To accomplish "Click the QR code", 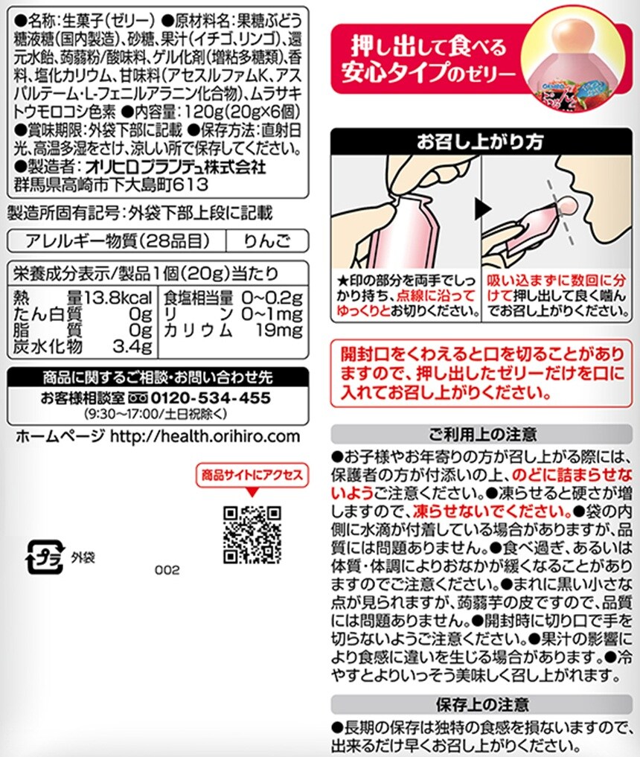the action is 252,534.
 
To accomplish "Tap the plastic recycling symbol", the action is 45,557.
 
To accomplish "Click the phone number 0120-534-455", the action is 211,397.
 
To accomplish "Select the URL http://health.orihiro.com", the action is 205,436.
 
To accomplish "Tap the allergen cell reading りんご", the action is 267,240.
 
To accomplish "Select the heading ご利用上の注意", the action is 482,434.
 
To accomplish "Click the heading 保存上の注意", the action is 482,704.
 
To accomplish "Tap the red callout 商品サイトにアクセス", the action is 252,475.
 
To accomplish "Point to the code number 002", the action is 167,570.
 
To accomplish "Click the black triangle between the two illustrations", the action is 483,209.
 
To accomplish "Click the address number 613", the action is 191,185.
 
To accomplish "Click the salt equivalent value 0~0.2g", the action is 272,298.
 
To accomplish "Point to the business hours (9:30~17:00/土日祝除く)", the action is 156,414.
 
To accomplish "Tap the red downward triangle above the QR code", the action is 252,493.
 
